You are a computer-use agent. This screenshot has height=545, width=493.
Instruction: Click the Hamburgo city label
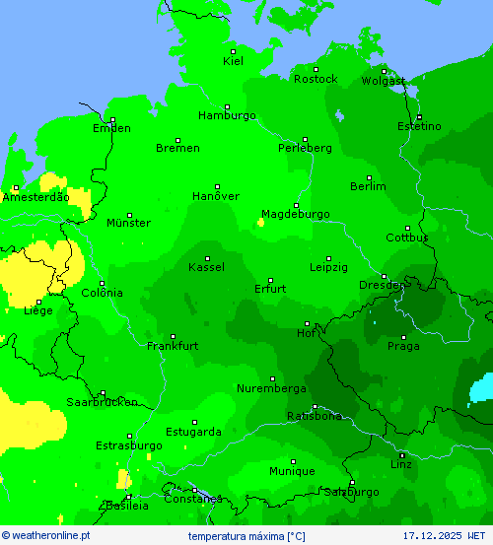click(227, 116)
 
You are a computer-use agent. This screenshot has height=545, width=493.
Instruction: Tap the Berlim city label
click(368, 186)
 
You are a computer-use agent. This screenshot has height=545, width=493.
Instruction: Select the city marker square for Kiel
click(233, 51)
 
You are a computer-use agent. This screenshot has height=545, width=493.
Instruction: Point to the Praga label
click(403, 346)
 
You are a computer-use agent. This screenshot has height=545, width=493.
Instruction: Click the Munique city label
click(292, 472)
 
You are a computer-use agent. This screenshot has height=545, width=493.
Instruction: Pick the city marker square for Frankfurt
click(173, 336)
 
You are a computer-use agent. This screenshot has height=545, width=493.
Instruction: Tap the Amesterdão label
click(35, 197)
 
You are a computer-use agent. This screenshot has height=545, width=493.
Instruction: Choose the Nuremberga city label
click(271, 388)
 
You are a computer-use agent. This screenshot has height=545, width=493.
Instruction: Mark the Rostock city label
click(316, 79)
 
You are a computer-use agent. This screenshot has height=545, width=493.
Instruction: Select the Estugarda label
click(193, 432)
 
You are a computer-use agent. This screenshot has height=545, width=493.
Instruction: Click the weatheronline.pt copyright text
click(46, 536)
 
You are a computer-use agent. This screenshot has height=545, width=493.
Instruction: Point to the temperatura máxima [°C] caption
click(246, 536)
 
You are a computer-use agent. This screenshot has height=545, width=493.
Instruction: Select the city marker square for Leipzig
click(328, 258)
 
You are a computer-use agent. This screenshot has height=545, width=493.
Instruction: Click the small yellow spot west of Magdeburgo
click(260, 223)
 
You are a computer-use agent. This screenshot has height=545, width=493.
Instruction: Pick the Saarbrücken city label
click(102, 402)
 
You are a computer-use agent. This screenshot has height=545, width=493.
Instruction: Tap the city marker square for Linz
click(401, 454)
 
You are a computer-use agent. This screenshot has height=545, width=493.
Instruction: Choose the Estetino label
click(419, 127)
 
